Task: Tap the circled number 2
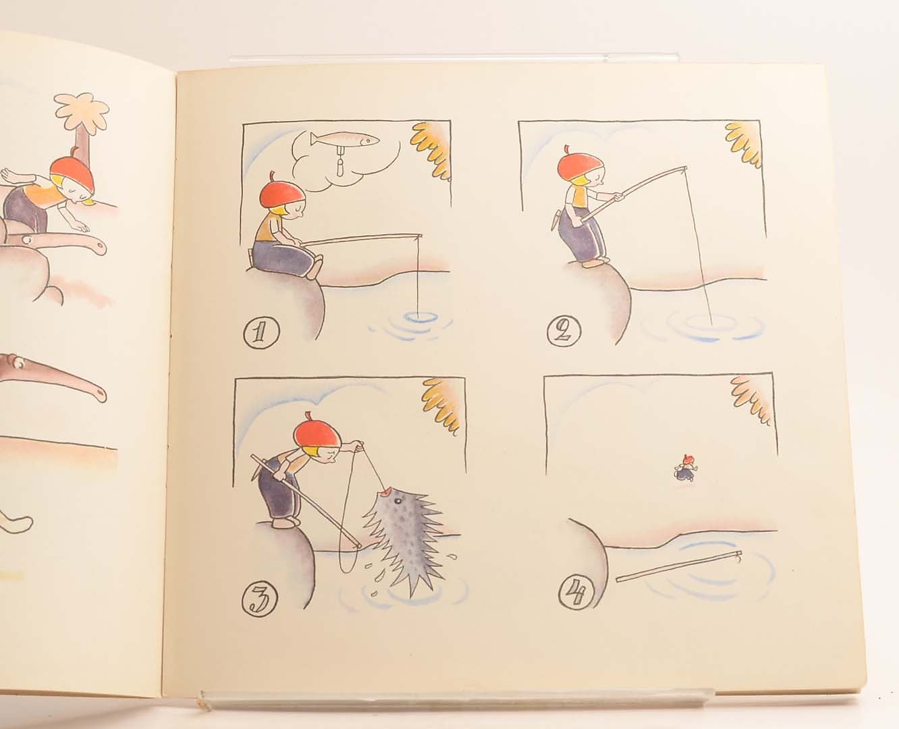(564, 331)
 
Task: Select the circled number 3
(259, 599)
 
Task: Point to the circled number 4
(576, 592)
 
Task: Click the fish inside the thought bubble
(345, 138)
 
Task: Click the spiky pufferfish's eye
(398, 501)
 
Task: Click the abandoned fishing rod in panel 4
(679, 566)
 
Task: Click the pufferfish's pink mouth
(385, 493)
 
